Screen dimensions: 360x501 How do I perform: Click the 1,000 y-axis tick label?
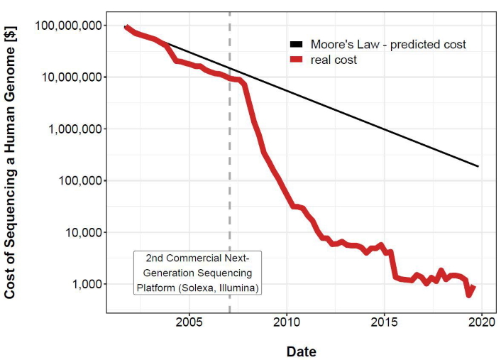[87, 284]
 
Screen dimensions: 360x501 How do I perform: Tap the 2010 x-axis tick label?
[287, 324]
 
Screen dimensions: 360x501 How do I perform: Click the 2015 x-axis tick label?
[384, 324]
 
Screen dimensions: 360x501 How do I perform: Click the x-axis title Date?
[301, 351]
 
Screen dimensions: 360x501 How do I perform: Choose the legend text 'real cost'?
[334, 60]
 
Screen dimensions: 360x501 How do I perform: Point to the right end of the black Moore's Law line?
[479, 166]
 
